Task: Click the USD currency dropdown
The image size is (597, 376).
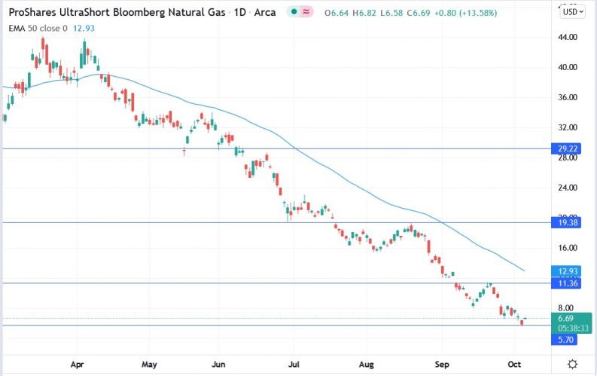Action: (572, 12)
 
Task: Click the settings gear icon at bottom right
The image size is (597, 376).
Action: (573, 363)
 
